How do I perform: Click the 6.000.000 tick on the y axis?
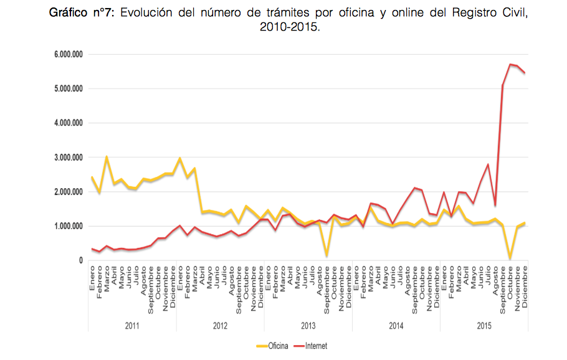point(68,55)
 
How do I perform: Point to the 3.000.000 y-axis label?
point(68,158)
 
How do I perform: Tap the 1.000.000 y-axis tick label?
point(68,226)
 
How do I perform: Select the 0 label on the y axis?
point(80,260)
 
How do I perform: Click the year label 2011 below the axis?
point(132,326)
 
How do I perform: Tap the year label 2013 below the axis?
point(308,326)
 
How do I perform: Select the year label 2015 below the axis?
point(484,326)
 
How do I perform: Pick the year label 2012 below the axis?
point(220,326)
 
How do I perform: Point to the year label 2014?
point(396,326)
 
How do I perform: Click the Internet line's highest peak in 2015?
point(510,64)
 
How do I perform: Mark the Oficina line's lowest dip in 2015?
point(510,258)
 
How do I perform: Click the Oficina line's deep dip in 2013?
point(326,255)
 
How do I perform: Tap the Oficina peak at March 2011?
point(107,158)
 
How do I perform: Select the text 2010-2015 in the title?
point(292,27)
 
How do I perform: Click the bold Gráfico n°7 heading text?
point(83,14)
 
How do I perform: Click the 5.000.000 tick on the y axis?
point(68,89)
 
